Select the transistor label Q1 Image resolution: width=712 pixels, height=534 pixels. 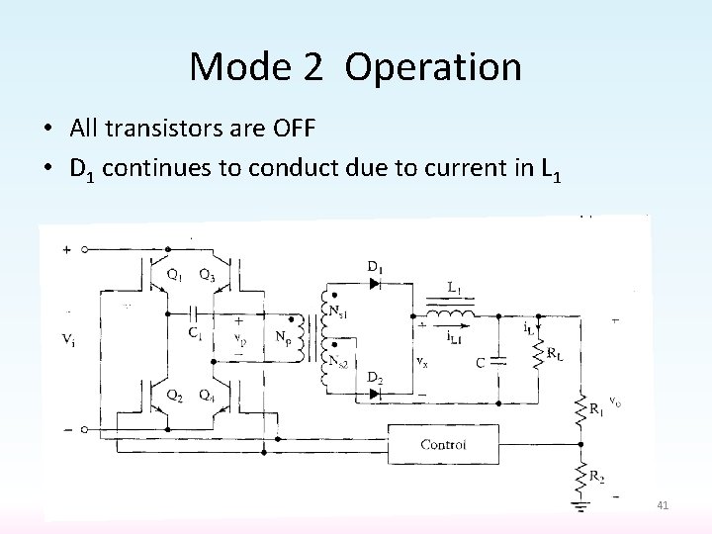pos(172,276)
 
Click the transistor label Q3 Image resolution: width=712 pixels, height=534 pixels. pos(208,276)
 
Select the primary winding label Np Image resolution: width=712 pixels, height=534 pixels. pos(282,338)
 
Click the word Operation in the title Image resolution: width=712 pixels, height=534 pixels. pos(434,66)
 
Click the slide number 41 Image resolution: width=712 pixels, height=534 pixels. pos(663,506)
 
